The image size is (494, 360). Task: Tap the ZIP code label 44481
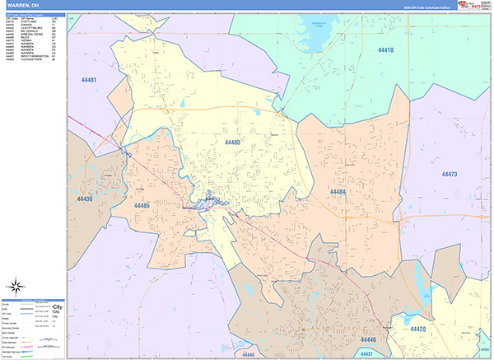[89, 80]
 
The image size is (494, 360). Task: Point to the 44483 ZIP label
[232, 143]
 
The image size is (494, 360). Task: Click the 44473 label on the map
[449, 175]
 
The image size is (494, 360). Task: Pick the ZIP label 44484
[338, 192]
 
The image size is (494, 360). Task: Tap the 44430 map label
[85, 199]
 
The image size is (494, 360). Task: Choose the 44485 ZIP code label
[142, 205]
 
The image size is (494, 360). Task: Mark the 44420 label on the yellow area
[418, 330]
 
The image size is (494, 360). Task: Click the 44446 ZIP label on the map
[367, 339]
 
